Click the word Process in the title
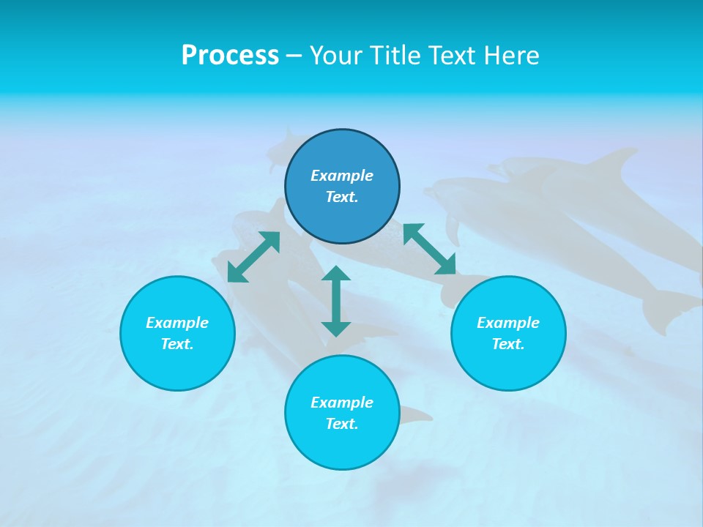coord(230,56)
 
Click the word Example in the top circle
coord(342,176)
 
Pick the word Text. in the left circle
coord(177,344)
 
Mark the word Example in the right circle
coord(508,323)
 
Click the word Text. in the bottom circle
coord(342,424)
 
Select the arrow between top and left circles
coord(253,257)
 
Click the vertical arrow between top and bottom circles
coord(336,301)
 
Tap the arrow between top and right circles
coord(429,249)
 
